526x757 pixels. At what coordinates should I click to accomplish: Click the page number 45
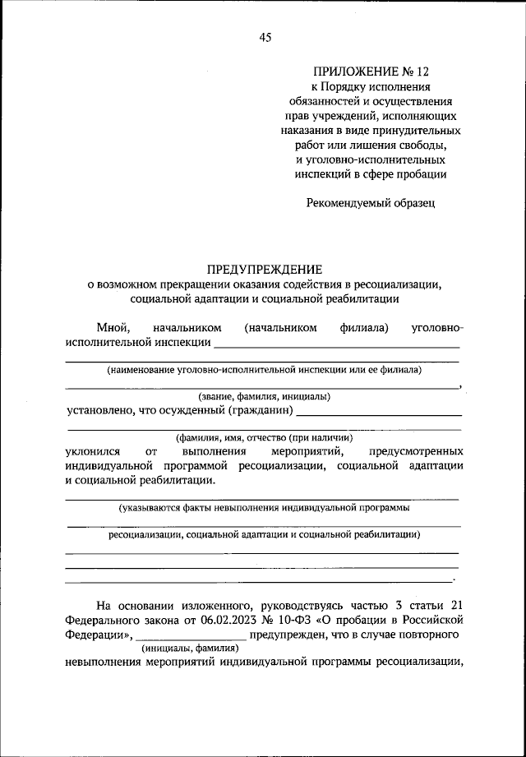(264, 37)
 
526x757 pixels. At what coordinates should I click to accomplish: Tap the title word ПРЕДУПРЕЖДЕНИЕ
(264, 270)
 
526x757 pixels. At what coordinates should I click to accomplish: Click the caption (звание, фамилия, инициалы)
(264, 395)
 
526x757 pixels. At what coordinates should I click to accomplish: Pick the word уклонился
(94, 451)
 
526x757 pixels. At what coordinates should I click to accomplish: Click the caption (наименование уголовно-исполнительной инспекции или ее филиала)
(264, 370)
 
